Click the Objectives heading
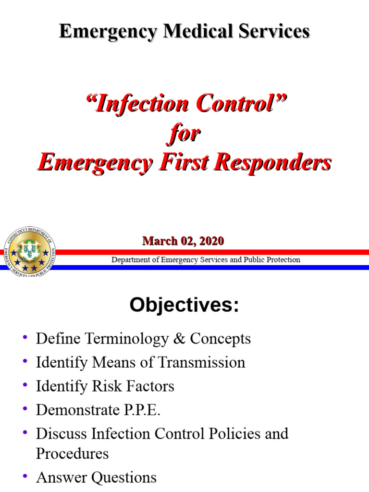pos(184,306)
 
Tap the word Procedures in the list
pos(73,454)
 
